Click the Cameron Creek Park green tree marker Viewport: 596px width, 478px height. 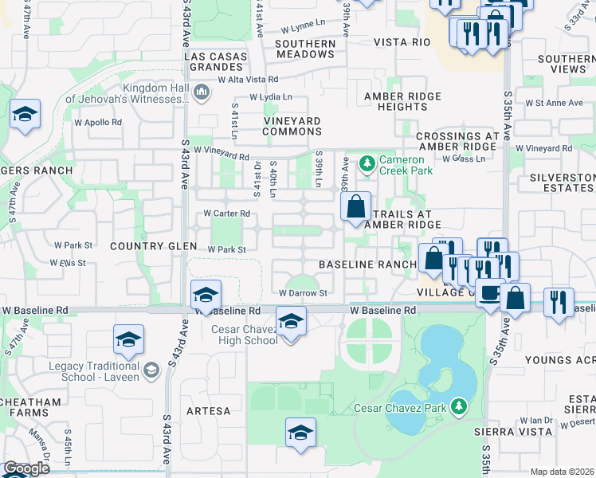pyautogui.click(x=367, y=165)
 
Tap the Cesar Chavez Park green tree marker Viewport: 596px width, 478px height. pyautogui.click(x=458, y=407)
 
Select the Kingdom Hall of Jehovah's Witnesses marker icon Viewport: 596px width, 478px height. pyautogui.click(x=202, y=93)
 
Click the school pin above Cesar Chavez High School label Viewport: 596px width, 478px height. pyautogui.click(x=291, y=322)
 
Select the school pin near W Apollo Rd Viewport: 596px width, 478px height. pyautogui.click(x=25, y=114)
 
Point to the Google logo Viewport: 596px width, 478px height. pyautogui.click(x=25, y=468)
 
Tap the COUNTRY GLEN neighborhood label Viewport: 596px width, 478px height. pyautogui.click(x=148, y=247)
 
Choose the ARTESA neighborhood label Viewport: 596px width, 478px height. pyautogui.click(x=209, y=411)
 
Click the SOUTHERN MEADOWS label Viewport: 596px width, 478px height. pyautogui.click(x=305, y=49)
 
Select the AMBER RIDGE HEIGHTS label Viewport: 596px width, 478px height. pyautogui.click(x=402, y=101)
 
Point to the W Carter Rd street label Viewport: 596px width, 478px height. pyautogui.click(x=227, y=214)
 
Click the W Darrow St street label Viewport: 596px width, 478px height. pyautogui.click(x=303, y=293)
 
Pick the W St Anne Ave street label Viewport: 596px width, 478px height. pyautogui.click(x=555, y=103)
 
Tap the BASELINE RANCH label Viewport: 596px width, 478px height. pyautogui.click(x=367, y=264)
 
